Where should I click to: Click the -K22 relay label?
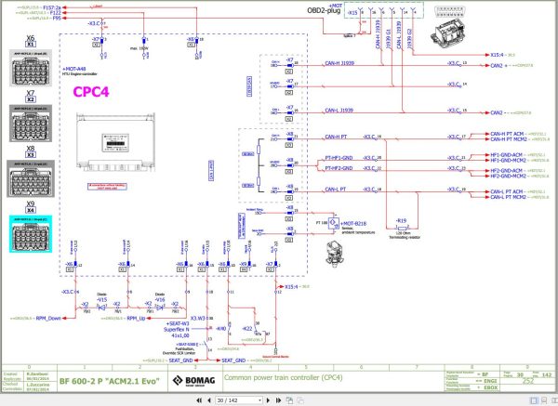(x=247, y=329)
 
